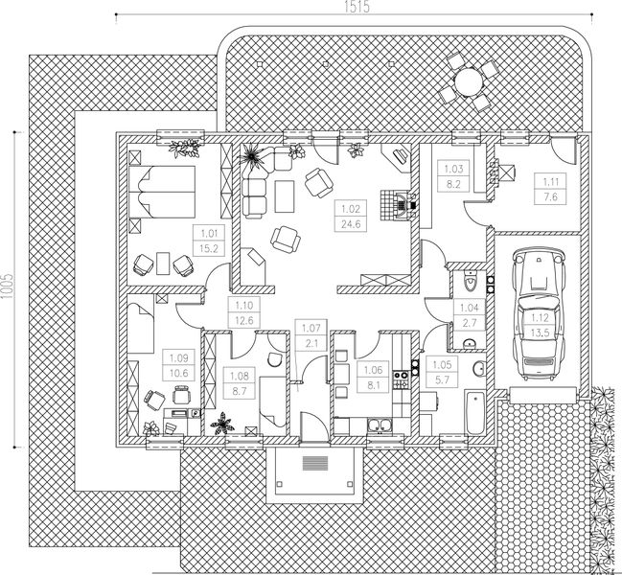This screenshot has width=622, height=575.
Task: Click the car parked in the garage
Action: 539,313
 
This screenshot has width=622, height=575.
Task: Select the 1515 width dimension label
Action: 357,7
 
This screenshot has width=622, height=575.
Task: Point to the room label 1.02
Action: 351,209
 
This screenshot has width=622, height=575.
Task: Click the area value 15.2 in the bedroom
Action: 209,248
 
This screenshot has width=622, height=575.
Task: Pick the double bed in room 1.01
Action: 162,192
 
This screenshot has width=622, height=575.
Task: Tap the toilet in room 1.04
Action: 471,282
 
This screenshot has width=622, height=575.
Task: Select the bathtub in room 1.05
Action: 475,412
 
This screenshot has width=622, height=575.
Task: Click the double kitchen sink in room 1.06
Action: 380,425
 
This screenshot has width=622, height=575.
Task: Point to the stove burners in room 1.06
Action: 401,379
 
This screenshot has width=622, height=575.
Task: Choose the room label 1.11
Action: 550,182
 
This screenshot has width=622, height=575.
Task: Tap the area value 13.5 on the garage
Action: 540,333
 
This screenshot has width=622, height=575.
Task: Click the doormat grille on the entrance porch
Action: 315,463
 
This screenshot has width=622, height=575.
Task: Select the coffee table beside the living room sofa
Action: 285,196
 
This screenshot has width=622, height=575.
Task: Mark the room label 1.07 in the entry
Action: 311,329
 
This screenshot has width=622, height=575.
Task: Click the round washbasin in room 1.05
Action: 479,369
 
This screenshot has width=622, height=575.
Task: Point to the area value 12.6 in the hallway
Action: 243,320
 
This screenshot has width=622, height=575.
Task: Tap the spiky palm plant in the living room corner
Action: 251,154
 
